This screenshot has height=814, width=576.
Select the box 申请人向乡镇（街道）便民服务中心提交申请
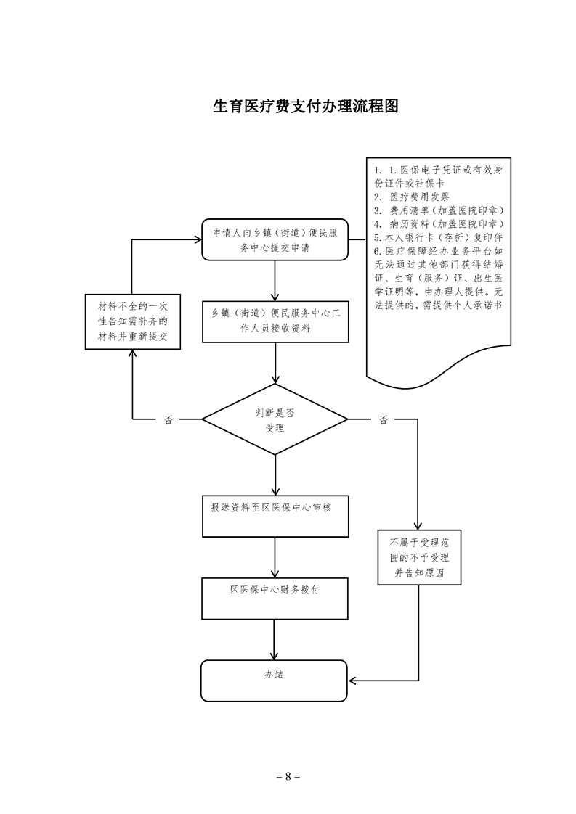click(275, 239)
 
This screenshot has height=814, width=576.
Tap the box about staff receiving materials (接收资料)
click(275, 321)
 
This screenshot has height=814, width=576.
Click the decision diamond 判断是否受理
click(275, 419)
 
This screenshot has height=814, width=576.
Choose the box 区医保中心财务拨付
click(275, 597)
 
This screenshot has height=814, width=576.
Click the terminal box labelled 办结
click(275, 681)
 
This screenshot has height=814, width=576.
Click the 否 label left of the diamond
click(169, 419)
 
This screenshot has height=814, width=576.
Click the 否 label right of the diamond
click(383, 419)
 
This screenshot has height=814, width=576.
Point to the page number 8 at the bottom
click(288, 776)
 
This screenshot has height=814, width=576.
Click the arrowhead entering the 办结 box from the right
click(353, 681)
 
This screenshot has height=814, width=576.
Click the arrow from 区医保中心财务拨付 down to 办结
click(275, 638)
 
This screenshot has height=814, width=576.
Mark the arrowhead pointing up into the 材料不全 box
click(131, 353)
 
